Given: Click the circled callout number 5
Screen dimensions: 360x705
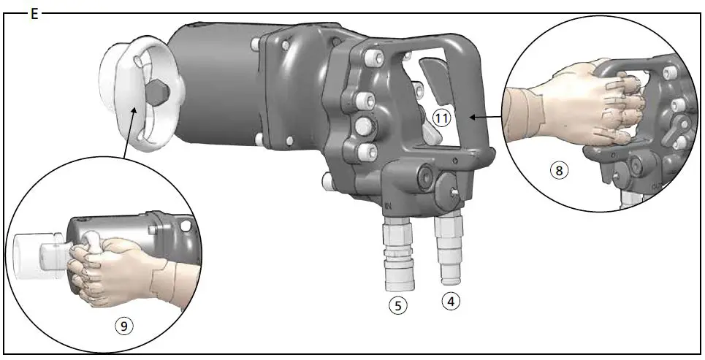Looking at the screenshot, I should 397,306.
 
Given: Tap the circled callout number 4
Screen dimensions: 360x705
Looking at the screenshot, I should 451,300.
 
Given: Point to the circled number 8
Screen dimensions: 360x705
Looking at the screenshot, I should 559,171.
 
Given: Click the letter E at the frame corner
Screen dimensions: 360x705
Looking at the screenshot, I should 34,13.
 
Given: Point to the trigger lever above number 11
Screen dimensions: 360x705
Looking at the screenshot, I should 431,81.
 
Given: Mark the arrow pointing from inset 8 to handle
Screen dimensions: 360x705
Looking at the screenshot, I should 486,115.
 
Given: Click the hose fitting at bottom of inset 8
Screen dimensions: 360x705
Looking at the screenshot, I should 631,197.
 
